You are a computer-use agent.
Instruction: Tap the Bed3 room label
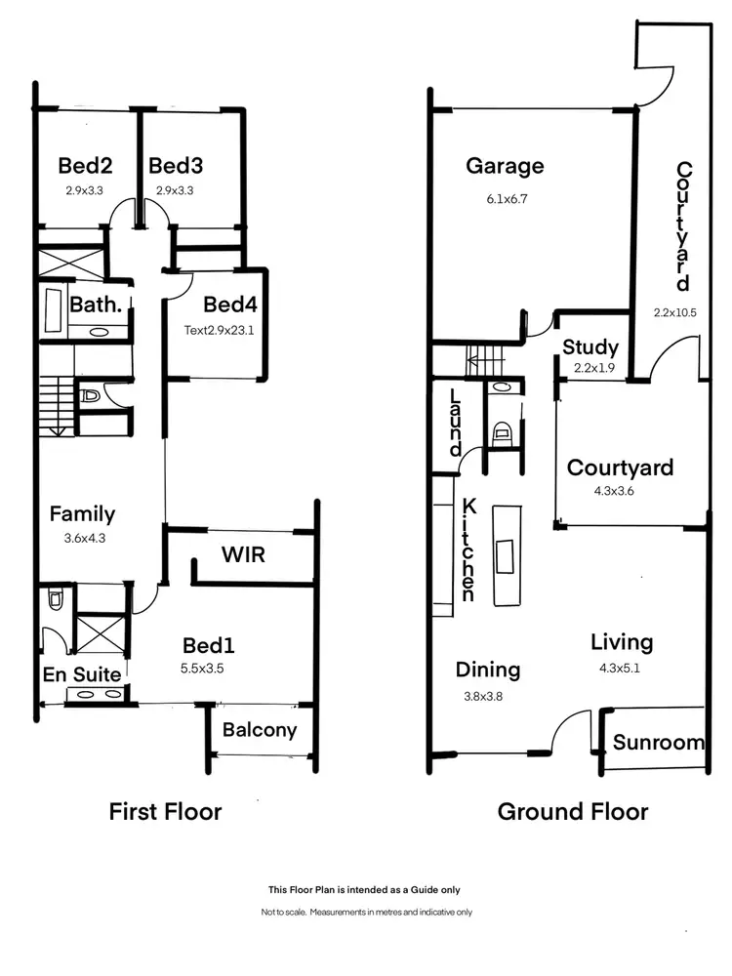point(176,165)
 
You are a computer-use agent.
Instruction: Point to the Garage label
point(505,166)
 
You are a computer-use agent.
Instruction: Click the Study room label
point(590,346)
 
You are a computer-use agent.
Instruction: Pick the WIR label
point(244,554)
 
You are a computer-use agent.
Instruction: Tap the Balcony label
point(260,730)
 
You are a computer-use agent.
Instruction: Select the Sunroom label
point(659,743)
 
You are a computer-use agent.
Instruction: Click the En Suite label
point(82,673)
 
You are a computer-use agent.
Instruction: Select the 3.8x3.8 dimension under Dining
point(489,697)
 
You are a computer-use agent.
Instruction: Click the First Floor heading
point(165,811)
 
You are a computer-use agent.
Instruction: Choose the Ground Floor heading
point(573,811)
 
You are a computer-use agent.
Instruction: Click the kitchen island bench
point(506,553)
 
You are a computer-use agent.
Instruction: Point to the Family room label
point(83,513)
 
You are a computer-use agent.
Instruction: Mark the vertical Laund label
point(455,423)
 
